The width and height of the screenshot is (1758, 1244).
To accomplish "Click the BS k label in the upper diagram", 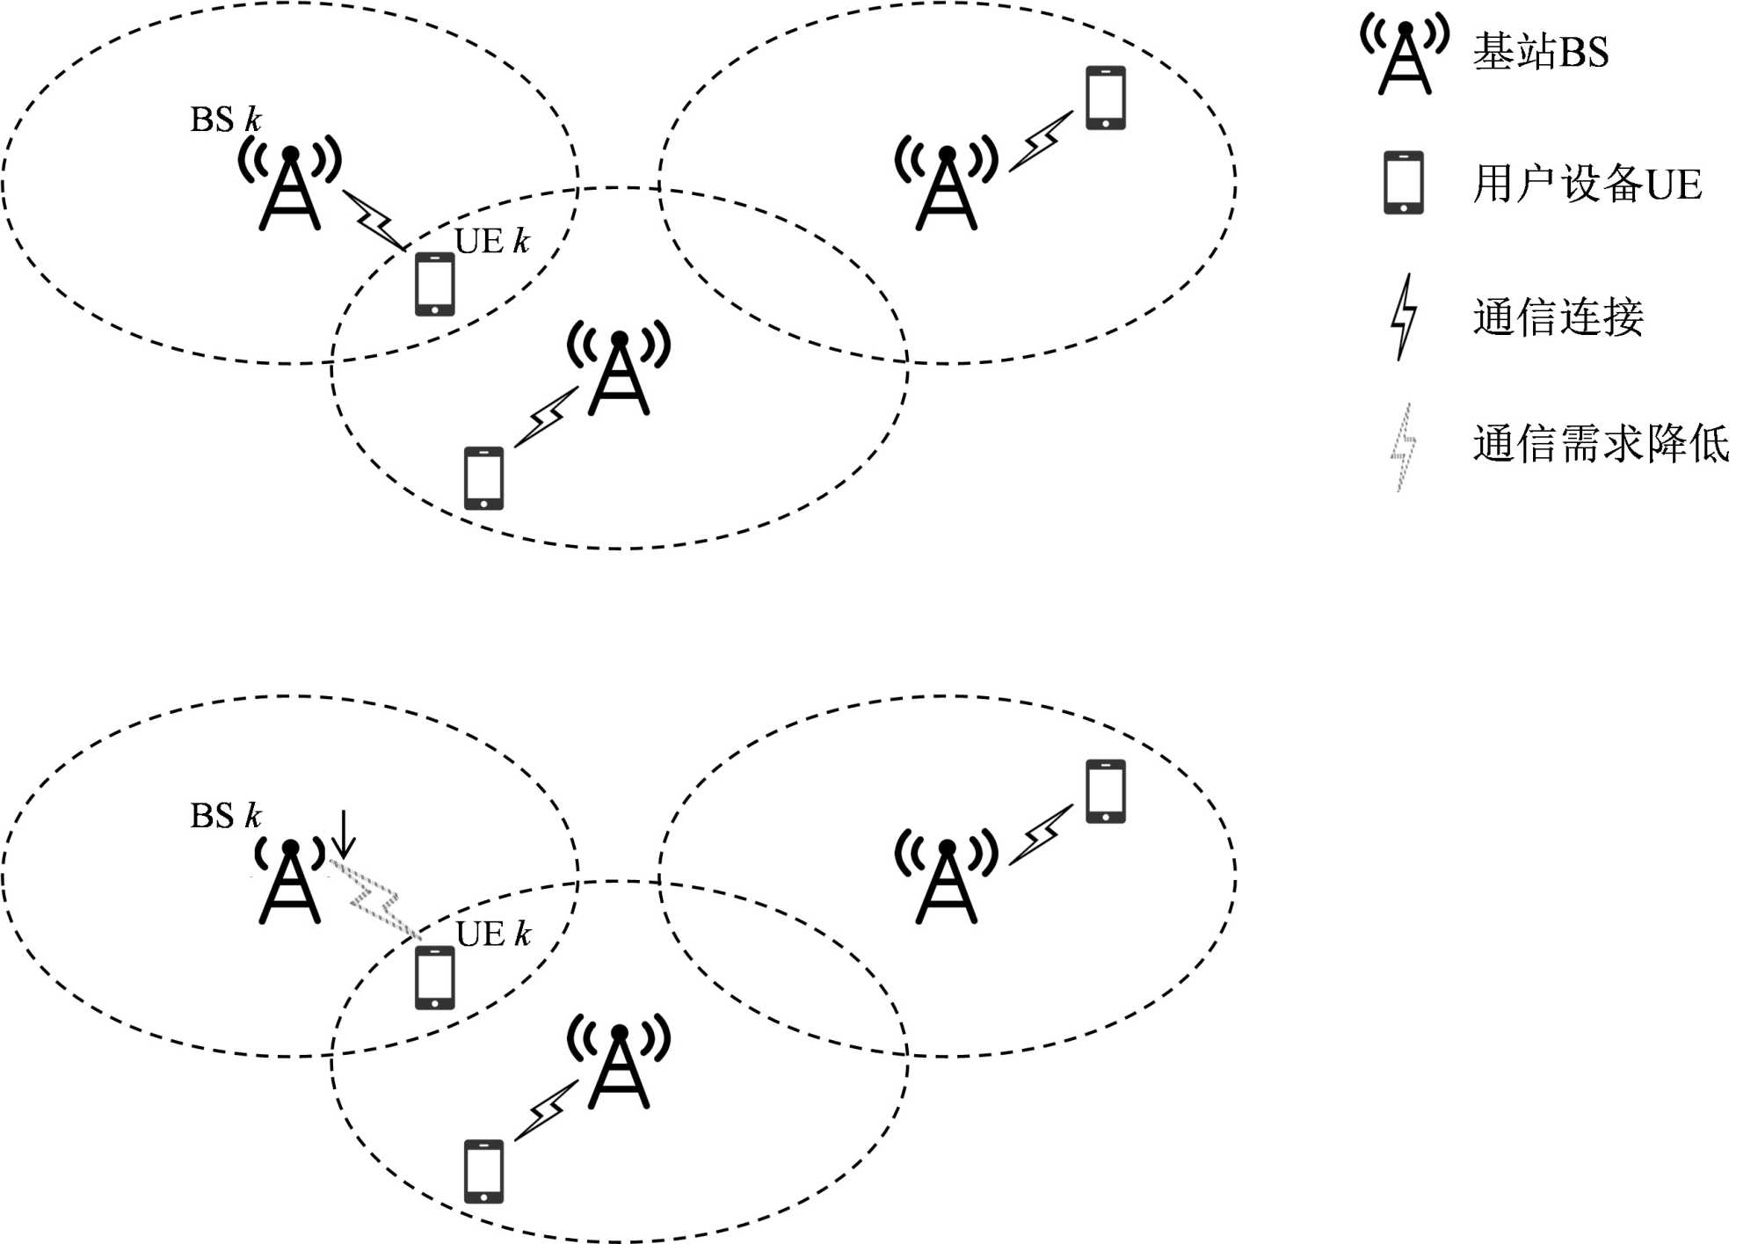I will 226,120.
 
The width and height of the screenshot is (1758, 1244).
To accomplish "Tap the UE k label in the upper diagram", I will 492,241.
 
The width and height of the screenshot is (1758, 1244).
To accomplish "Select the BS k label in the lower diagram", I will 226,816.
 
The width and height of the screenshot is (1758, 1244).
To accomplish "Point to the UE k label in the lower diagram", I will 493,934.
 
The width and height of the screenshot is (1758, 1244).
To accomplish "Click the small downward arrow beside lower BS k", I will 344,833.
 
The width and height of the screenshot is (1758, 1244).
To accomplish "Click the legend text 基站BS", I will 1541,52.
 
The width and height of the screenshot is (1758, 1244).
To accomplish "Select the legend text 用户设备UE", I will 1587,185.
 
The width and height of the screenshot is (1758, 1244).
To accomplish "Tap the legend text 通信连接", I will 1558,317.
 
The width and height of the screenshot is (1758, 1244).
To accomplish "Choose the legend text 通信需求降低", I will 1601,444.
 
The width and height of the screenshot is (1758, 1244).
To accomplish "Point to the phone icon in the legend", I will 1404,183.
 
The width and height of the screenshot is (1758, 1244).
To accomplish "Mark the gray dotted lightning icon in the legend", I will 1403,447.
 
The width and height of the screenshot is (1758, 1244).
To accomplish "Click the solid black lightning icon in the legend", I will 1404,316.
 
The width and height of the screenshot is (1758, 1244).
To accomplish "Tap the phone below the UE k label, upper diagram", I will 435,284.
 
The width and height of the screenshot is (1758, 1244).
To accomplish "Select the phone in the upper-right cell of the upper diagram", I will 1106,98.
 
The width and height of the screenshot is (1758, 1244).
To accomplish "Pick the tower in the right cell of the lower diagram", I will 947,879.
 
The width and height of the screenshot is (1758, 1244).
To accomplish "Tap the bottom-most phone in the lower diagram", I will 483,1171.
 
